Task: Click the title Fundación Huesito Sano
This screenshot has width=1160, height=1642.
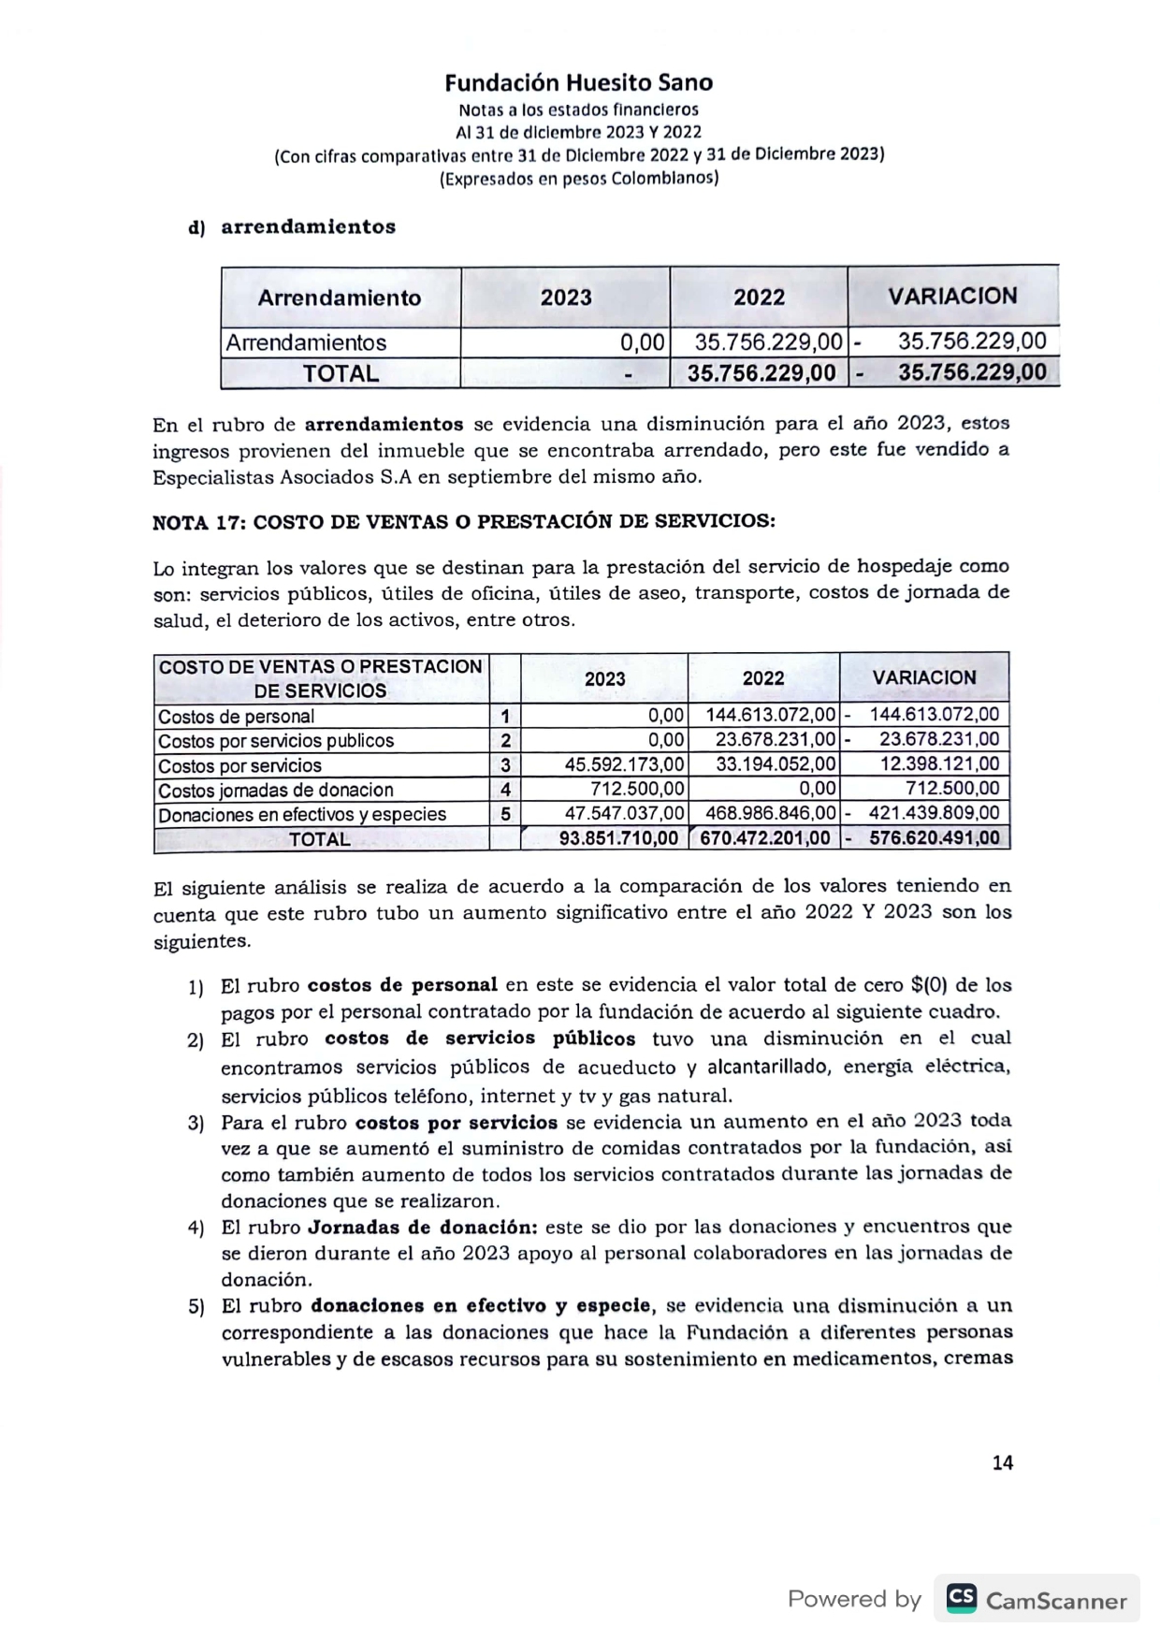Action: coord(578,83)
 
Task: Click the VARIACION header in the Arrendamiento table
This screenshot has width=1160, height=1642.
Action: coord(952,297)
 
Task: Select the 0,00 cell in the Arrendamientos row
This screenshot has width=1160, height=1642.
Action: coord(643,342)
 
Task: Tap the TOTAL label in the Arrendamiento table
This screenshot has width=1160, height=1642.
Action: coord(341,373)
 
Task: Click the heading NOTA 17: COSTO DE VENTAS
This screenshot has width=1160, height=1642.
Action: coord(463,522)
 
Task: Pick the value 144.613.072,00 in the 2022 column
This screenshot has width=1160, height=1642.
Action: coord(770,716)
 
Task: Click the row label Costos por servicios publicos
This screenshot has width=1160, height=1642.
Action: coord(276,741)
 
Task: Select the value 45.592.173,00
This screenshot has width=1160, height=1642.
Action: coord(624,764)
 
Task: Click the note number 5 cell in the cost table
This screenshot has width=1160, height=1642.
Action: coord(505,814)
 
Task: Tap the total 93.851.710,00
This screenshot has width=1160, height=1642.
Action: coord(618,838)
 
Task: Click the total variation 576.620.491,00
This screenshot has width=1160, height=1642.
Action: coord(934,838)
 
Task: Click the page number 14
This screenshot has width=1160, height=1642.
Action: coord(1002,1463)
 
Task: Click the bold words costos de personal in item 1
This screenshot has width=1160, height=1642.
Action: coord(402,985)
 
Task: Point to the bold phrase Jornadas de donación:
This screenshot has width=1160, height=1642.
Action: coord(422,1227)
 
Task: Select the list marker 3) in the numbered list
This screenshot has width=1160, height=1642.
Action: coord(196,1123)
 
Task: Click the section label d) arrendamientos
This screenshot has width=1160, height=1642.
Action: coord(293,227)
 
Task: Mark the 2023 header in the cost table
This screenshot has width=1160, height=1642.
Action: coord(604,679)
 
